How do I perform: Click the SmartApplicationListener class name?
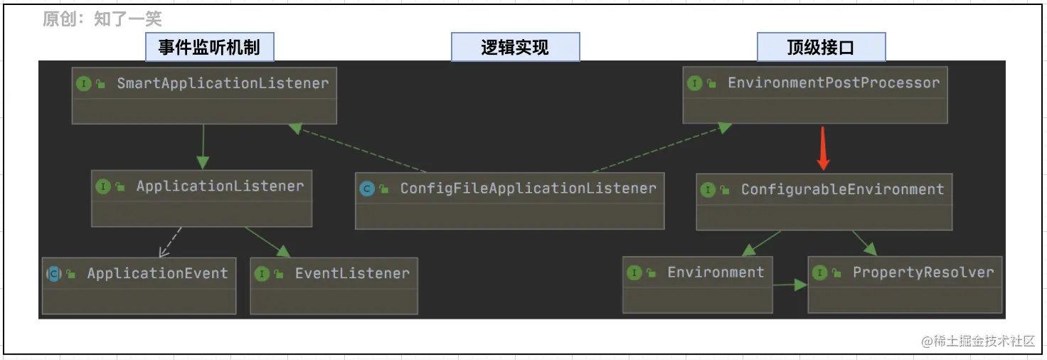(x=223, y=83)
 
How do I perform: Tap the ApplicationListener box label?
(x=220, y=186)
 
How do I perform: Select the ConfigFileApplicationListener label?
(x=528, y=189)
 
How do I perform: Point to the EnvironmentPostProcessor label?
(x=833, y=83)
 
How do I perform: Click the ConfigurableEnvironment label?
(x=842, y=189)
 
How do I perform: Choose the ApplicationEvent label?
(x=157, y=273)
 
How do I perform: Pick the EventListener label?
(x=352, y=273)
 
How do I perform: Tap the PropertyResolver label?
(x=923, y=272)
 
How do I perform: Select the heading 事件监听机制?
(x=209, y=48)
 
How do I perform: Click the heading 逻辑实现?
(x=515, y=48)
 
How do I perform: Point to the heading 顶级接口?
(x=820, y=48)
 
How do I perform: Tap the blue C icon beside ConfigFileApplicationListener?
(x=367, y=189)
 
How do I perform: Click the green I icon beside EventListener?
(x=262, y=274)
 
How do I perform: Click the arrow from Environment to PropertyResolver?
(x=790, y=285)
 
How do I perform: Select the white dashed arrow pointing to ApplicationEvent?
(x=170, y=243)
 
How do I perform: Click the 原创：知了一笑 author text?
(x=102, y=19)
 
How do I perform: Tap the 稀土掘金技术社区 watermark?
(x=978, y=342)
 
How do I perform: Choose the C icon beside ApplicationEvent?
(x=53, y=274)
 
